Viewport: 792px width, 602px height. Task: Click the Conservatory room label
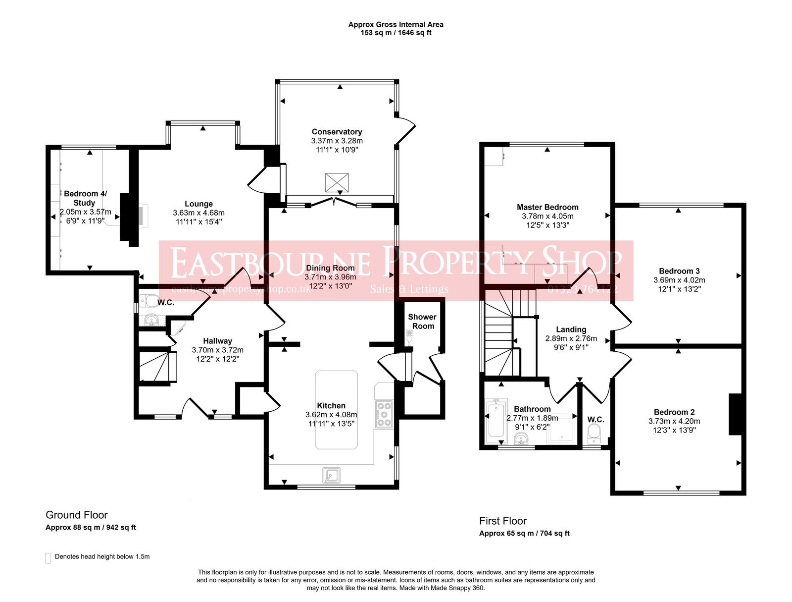pos(337,132)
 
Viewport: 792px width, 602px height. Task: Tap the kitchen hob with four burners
pos(384,414)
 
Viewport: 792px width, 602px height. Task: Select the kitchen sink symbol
pos(331,475)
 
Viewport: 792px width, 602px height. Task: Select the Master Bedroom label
pos(547,207)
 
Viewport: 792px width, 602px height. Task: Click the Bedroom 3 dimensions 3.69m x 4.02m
pos(679,280)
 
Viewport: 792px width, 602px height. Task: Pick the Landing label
pos(571,329)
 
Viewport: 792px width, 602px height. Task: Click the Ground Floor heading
pos(76,515)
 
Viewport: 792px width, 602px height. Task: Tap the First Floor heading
pos(502,521)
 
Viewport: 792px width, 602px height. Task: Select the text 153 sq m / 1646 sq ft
pos(396,33)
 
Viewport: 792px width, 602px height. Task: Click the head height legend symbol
pos(48,558)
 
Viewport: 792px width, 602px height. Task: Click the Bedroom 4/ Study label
pos(85,198)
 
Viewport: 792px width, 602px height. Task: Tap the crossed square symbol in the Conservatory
pos(337,182)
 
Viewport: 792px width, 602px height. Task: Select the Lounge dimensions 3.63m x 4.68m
pos(198,213)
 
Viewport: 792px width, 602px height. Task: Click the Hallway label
pos(217,341)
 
